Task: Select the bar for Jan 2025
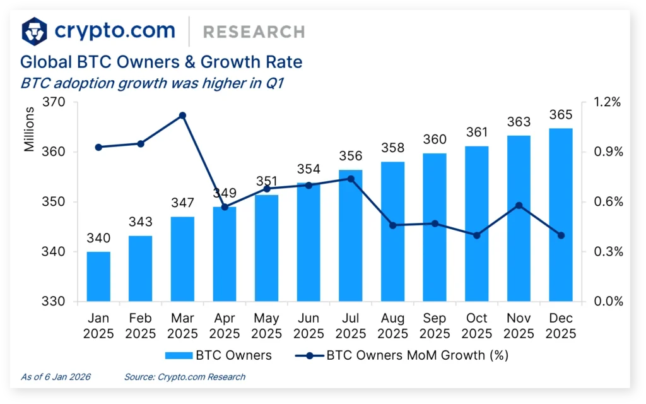click(x=98, y=276)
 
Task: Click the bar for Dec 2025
click(x=561, y=215)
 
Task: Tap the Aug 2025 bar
click(x=392, y=232)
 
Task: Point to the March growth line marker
click(x=182, y=116)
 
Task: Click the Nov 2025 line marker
click(x=519, y=205)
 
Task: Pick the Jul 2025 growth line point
click(x=351, y=179)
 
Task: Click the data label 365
click(x=561, y=115)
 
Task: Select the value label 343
click(x=140, y=223)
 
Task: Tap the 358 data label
click(x=392, y=148)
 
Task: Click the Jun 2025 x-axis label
click(x=308, y=326)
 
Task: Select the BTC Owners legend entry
click(x=218, y=355)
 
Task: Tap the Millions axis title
click(x=30, y=129)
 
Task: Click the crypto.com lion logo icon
click(x=35, y=31)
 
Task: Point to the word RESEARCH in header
click(x=254, y=32)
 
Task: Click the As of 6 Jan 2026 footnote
click(x=56, y=377)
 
